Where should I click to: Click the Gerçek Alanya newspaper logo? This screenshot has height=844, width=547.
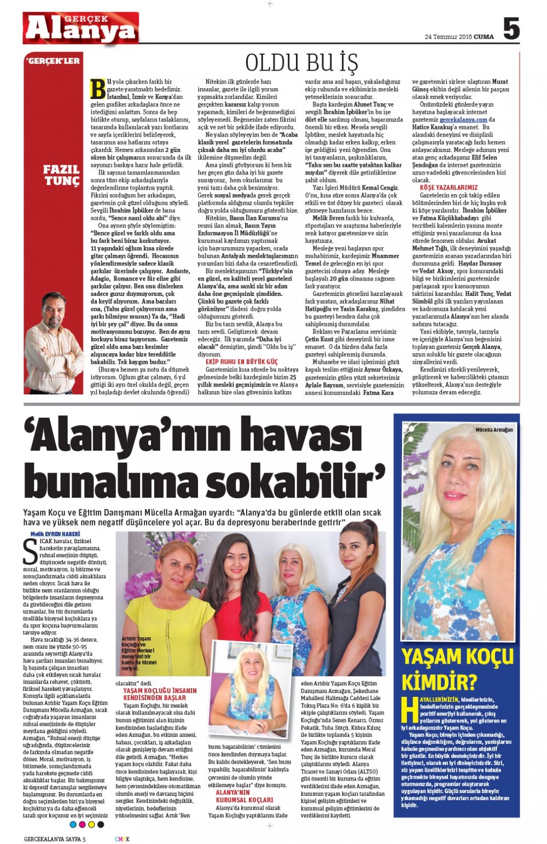coord(81,28)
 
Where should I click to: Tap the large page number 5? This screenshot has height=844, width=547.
coord(511,29)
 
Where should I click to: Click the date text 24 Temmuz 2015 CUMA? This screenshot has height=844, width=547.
coord(459,37)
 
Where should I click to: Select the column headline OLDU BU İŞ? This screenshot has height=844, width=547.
coord(301,63)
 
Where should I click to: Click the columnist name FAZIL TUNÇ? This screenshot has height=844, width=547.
coord(61,175)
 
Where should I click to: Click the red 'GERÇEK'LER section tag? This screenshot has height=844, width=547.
coord(53,61)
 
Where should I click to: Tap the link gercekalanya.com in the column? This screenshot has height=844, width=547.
coord(463,120)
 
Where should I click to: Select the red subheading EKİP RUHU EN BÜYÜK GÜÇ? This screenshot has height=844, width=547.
coord(241,362)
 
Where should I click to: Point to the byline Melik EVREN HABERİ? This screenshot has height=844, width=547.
coord(55,534)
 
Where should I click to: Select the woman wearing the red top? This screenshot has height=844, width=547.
coord(238,591)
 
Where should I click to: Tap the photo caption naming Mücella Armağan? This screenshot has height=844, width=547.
coord(494,430)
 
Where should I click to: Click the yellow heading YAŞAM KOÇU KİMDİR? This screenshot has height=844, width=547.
coord(457,668)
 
